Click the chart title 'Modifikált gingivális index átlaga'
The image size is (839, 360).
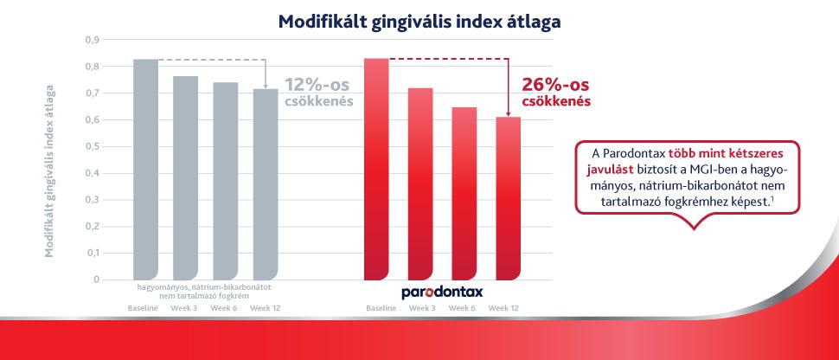pyautogui.click(x=419, y=21)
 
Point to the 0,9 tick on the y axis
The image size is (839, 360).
pyautogui.click(x=92, y=40)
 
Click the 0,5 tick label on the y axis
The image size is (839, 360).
pyautogui.click(x=92, y=146)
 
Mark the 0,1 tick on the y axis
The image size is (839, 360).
pyautogui.click(x=92, y=254)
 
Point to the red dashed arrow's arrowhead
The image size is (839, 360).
pyautogui.click(x=508, y=112)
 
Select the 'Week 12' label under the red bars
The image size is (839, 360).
pyautogui.click(x=503, y=308)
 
